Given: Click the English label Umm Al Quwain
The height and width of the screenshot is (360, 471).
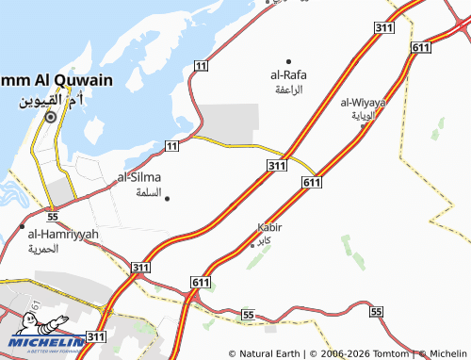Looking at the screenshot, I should pyautogui.click(x=43, y=80).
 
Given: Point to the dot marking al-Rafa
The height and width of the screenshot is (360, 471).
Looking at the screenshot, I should pyautogui.click(x=288, y=61).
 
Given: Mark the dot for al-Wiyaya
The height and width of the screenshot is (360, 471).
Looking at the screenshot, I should pyautogui.click(x=364, y=126).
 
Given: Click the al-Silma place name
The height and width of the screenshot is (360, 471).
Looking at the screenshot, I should pyautogui.click(x=138, y=177).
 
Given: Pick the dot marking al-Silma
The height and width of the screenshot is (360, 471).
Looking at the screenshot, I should pyautogui.click(x=167, y=198).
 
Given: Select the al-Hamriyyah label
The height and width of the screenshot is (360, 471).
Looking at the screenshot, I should pyautogui.click(x=63, y=233).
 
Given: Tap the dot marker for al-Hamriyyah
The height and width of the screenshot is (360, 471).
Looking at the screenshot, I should pyautogui.click(x=23, y=227).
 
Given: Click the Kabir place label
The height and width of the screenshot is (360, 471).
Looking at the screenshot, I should pyautogui.click(x=269, y=228).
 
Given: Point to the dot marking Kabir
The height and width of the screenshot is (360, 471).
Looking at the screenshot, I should pyautogui.click(x=252, y=243).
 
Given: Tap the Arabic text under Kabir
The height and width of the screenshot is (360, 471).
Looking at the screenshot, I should pyautogui.click(x=269, y=241).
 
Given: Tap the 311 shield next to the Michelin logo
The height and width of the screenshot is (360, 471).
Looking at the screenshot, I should pyautogui.click(x=96, y=335).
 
